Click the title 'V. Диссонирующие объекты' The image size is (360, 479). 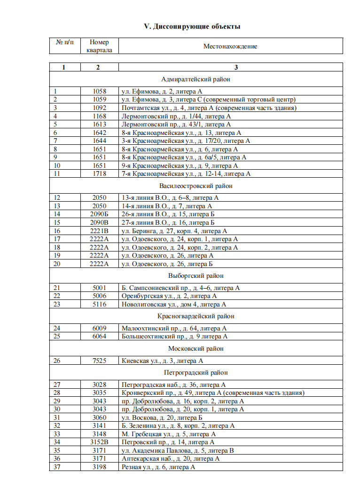(192, 27)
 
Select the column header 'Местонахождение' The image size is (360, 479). (230, 47)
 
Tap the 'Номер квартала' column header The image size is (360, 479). (99, 46)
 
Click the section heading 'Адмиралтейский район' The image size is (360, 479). (196, 79)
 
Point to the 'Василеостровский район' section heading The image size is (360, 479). (196, 186)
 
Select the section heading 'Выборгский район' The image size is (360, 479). (196, 275)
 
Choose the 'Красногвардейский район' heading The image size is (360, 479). (196, 316)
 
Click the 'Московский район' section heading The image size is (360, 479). (196, 349)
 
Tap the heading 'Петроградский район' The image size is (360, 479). (196, 373)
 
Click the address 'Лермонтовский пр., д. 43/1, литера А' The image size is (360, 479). (176, 125)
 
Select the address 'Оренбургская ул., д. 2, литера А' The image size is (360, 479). (169, 296)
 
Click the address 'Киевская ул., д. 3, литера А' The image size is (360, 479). (162, 361)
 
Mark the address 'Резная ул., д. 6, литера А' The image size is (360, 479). (158, 467)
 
